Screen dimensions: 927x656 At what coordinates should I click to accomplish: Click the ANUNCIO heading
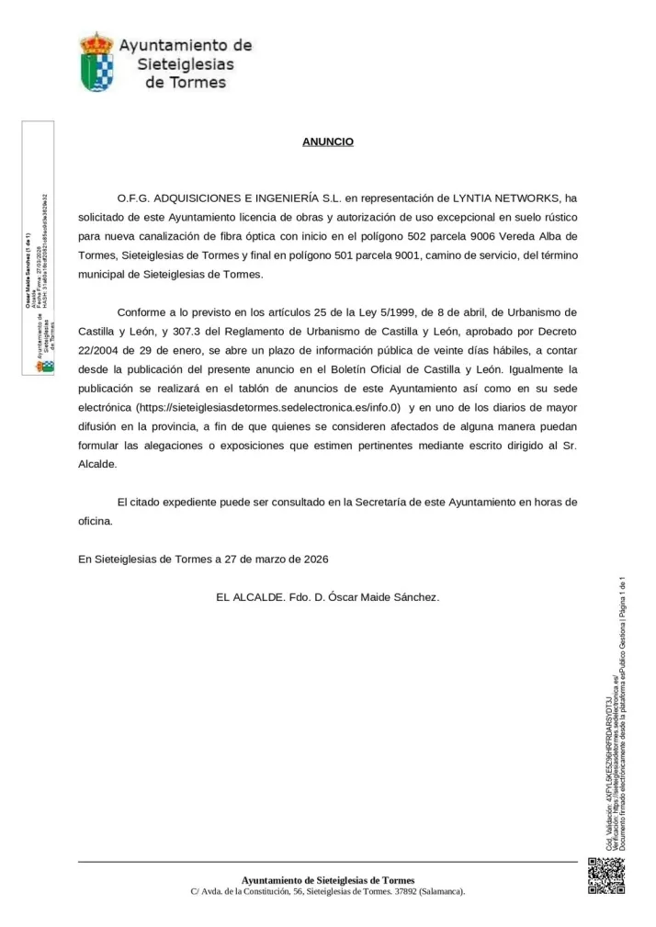(x=328, y=142)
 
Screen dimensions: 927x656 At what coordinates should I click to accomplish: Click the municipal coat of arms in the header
(x=96, y=62)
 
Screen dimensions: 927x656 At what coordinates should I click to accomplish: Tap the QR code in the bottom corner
(x=605, y=875)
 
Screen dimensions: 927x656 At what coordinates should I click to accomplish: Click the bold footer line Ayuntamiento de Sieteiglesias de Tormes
(x=328, y=880)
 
